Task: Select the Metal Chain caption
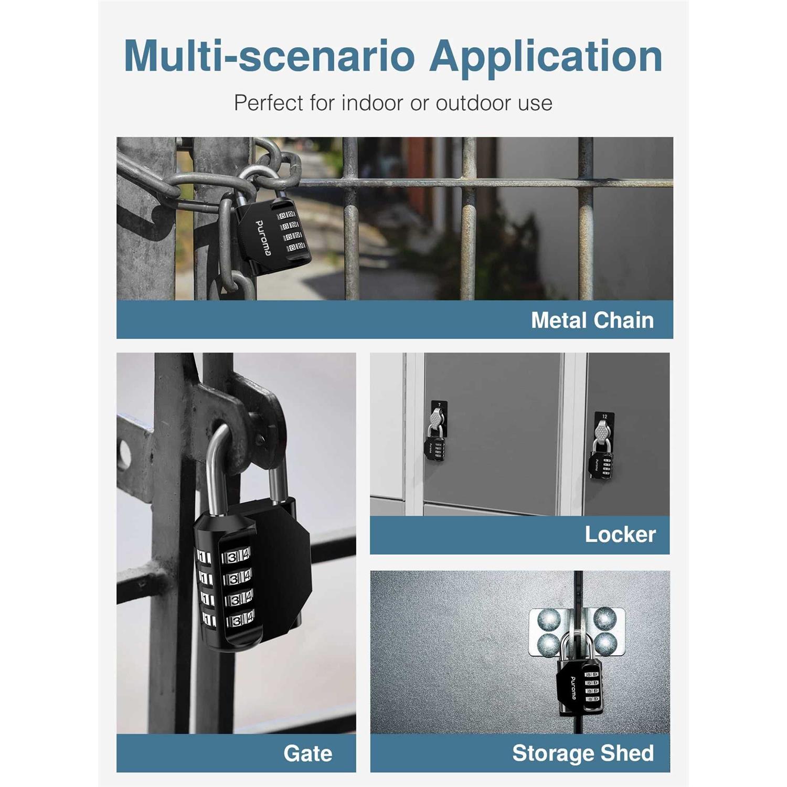(x=592, y=320)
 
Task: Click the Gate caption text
(x=308, y=753)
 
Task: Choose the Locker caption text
(x=620, y=535)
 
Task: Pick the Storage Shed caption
(x=583, y=753)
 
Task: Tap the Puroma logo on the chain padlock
(x=262, y=238)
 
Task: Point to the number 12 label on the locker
(x=604, y=417)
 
